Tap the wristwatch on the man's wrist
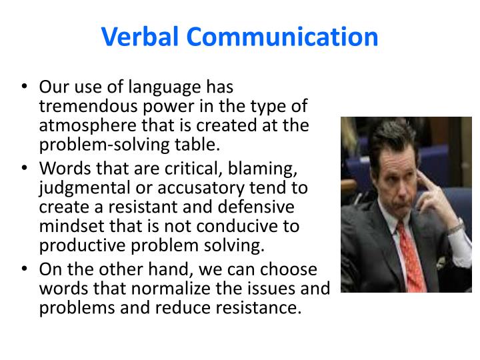(x=455, y=225)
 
